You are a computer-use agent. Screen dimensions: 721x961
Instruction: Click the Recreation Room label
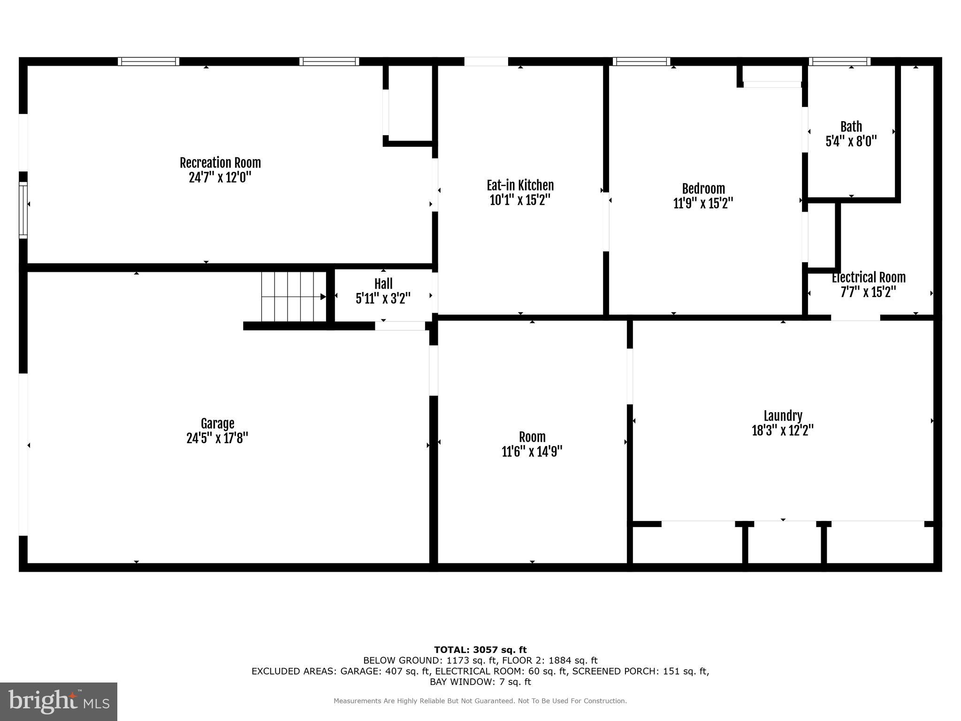coord(220,163)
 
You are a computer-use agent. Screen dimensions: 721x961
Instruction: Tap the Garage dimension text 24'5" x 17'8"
coord(217,438)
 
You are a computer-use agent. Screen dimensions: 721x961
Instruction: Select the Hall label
coord(383,284)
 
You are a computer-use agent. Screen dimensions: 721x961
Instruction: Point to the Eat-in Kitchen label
coord(520,185)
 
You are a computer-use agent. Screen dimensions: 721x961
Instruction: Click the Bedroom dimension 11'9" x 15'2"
coord(703,203)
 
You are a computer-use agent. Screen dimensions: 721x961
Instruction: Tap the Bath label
coord(851,127)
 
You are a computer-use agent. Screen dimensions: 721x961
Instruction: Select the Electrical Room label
coord(869,277)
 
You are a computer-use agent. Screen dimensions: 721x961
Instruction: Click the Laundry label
coord(783,416)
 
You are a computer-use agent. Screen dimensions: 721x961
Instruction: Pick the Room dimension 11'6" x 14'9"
coord(532,452)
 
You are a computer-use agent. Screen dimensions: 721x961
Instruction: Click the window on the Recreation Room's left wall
coord(23,210)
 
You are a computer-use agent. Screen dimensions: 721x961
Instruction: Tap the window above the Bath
coord(839,61)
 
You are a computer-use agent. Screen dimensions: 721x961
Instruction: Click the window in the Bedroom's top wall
coord(641,61)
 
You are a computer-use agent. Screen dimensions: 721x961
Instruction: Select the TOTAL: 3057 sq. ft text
coord(480,650)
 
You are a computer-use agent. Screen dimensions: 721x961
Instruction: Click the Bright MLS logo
coord(59,702)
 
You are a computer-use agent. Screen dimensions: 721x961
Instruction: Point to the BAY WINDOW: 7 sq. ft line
coord(480,682)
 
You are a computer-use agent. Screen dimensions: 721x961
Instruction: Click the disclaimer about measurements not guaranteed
coord(480,701)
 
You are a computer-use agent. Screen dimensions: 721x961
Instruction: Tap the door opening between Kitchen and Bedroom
coord(606,222)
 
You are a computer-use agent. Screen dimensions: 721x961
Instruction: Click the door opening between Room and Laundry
coord(630,376)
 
